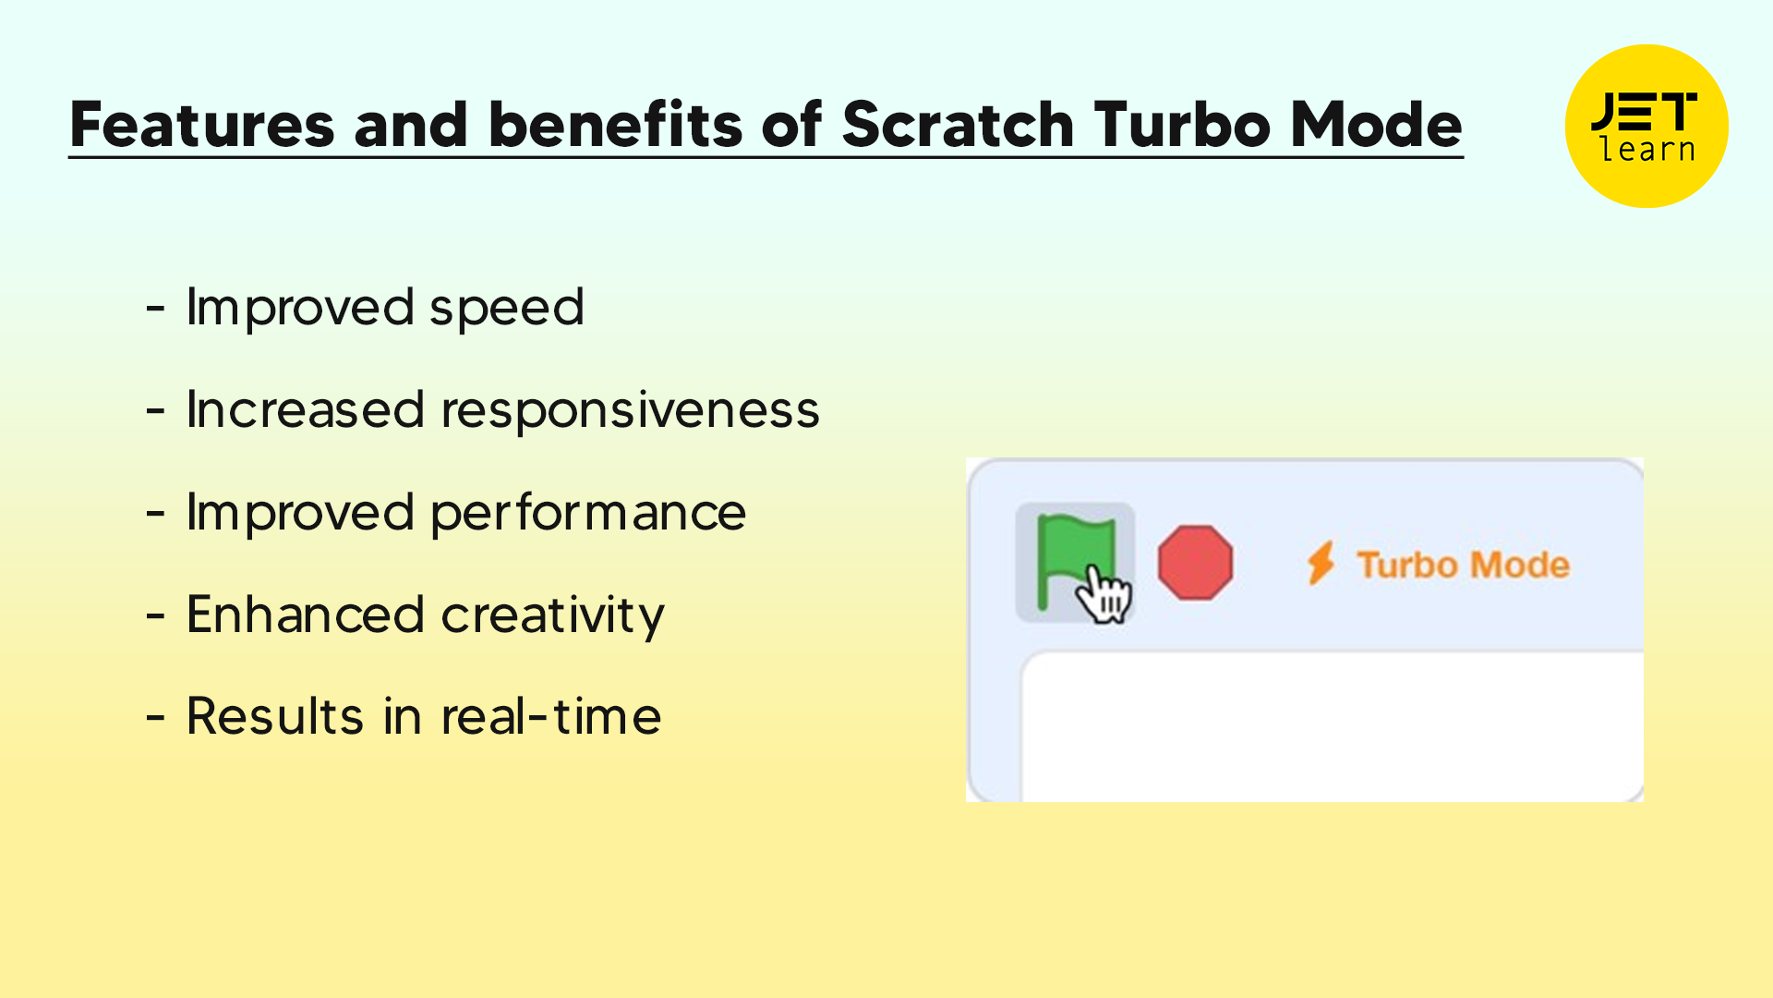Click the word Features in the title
coord(201,125)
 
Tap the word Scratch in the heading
coord(958,125)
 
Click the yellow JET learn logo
coord(1646,127)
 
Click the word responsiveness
coord(630,410)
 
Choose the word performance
coord(588,513)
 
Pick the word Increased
coord(305,410)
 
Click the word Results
coord(275,717)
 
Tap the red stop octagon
coord(1195,563)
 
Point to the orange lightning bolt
coord(1321,563)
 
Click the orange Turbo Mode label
coord(1463,565)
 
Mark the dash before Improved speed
coord(155,309)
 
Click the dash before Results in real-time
coord(155,718)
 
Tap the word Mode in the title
coord(1375,125)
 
